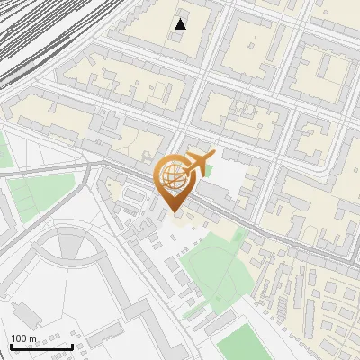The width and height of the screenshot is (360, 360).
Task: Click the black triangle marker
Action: click(x=181, y=24)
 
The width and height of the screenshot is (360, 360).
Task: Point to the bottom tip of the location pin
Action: click(x=173, y=212)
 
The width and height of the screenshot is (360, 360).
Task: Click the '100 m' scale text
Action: click(x=24, y=338)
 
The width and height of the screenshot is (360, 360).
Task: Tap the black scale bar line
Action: click(x=41, y=346)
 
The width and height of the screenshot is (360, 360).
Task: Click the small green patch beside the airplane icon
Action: click(x=208, y=170)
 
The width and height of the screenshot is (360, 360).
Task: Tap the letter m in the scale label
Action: click(x=33, y=338)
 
